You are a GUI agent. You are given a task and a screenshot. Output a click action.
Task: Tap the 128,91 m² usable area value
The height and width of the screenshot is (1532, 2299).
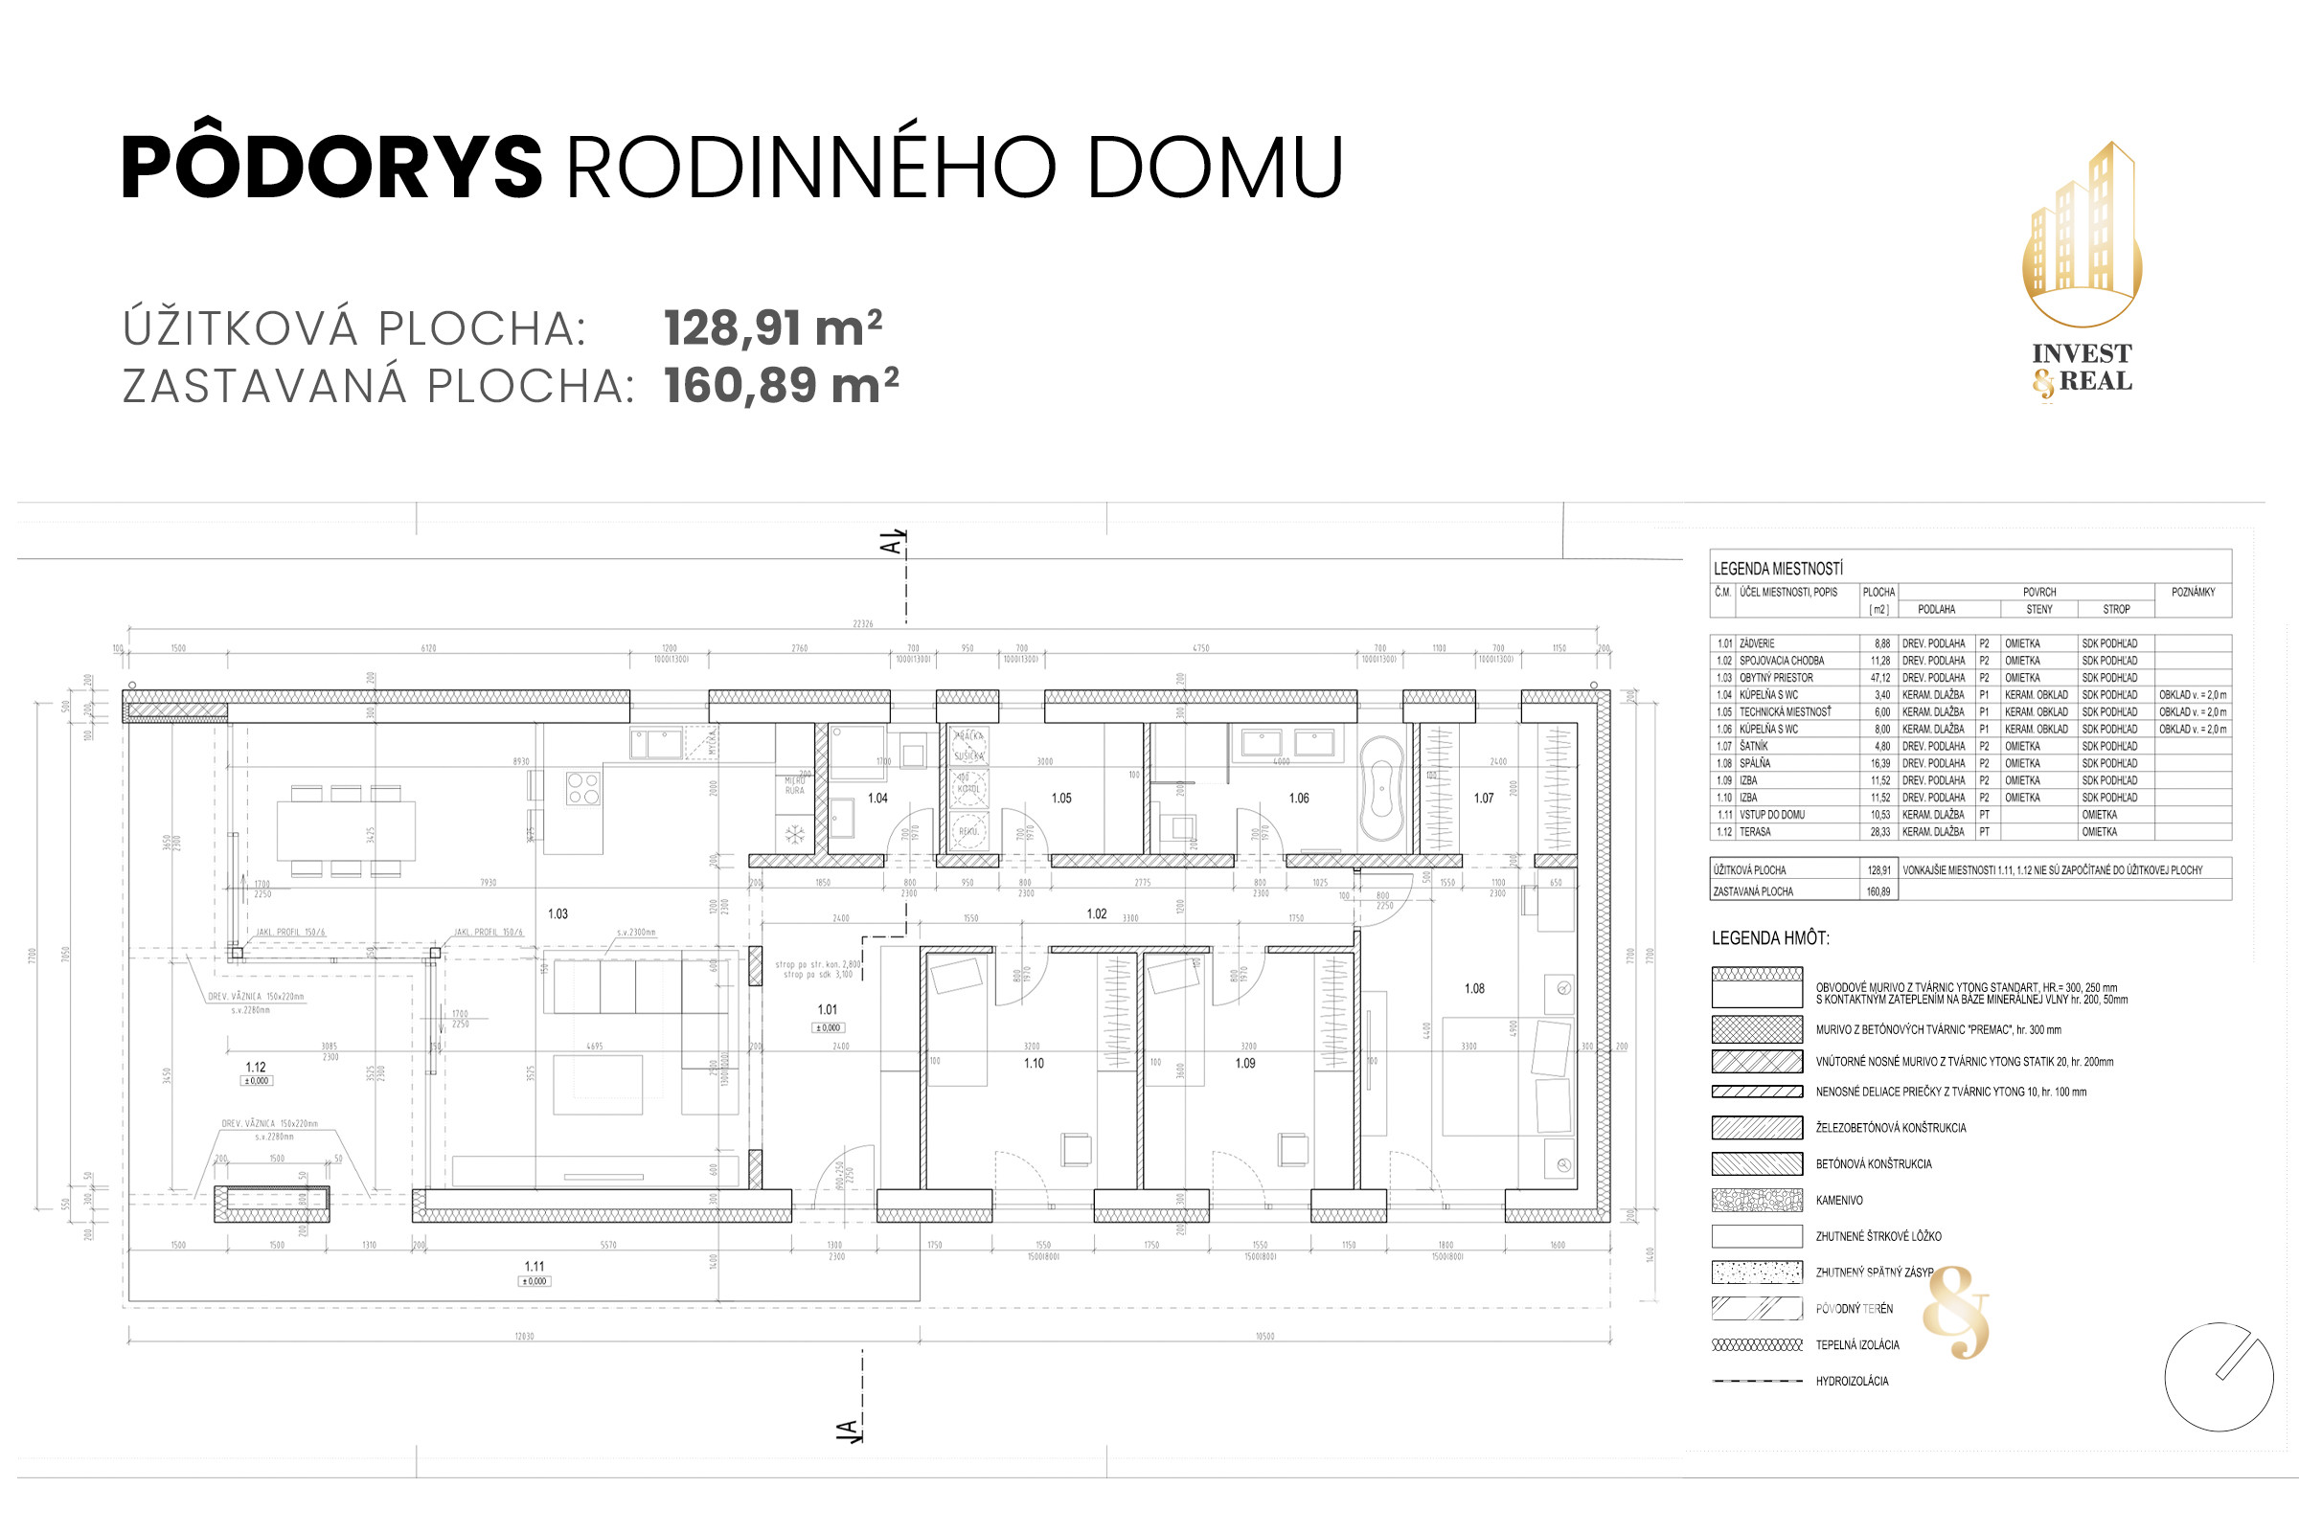tap(772, 328)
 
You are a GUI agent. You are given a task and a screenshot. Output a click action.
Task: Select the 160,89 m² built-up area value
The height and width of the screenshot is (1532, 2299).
tap(780, 386)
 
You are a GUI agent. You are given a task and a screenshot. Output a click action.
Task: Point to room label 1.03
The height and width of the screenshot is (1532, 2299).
tap(558, 914)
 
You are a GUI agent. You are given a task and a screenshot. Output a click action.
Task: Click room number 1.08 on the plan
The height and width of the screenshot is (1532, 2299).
tap(1474, 989)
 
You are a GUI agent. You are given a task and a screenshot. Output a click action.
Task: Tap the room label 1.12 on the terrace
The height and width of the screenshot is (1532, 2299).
tap(256, 1068)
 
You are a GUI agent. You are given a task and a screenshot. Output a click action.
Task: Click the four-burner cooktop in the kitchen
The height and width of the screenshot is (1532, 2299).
tap(583, 788)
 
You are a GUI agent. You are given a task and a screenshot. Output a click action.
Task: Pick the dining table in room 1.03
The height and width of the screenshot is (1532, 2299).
tap(346, 830)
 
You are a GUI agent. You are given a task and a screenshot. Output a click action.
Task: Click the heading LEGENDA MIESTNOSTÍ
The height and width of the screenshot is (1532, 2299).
tap(1778, 569)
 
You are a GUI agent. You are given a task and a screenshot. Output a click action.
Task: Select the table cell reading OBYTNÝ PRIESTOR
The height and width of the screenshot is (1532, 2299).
tap(1776, 678)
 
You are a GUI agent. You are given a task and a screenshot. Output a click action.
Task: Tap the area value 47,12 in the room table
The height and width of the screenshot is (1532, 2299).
tap(1880, 678)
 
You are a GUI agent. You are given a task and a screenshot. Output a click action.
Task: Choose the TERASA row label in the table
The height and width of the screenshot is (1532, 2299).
tap(1755, 832)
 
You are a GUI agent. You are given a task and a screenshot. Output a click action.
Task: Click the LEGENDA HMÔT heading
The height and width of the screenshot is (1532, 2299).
tap(1770, 939)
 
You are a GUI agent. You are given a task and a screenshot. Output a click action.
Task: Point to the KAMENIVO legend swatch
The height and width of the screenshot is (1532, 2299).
tap(1757, 1200)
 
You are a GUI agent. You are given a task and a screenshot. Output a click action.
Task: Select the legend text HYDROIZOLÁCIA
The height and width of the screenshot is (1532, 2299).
tap(1853, 1382)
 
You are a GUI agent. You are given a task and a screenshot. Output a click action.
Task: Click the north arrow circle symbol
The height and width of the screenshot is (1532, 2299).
tap(2219, 1377)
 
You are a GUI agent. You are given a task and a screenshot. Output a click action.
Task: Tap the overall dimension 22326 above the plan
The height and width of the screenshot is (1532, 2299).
tap(862, 623)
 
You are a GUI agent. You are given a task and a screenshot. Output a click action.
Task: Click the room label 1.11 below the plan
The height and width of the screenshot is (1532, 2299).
tap(535, 1266)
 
